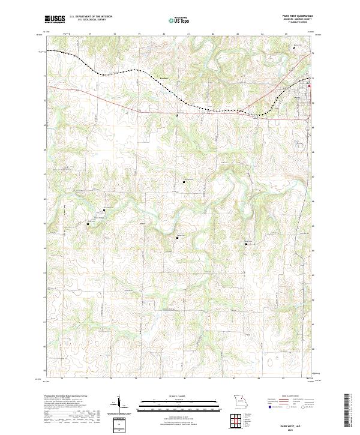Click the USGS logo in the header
53,20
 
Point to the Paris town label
297,97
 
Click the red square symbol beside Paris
310,90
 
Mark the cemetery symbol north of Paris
293,47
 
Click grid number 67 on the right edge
313,176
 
